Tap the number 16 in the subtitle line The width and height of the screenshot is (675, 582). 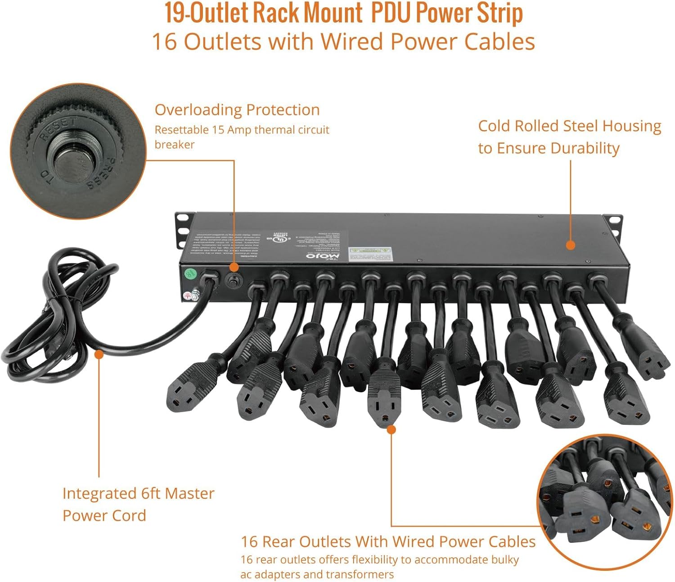click(x=164, y=41)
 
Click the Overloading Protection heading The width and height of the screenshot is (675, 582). click(x=237, y=109)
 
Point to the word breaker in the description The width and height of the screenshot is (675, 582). click(x=175, y=145)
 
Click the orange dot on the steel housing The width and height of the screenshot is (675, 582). click(x=571, y=245)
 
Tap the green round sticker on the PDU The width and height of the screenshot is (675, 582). click(x=190, y=273)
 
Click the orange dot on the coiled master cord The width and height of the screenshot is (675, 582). click(x=99, y=354)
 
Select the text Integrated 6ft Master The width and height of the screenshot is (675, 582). click(x=138, y=493)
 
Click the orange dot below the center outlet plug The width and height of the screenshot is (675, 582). click(x=391, y=430)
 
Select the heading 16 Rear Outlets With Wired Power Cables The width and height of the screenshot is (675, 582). click(x=388, y=541)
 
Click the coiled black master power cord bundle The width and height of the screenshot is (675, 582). click(x=49, y=324)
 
